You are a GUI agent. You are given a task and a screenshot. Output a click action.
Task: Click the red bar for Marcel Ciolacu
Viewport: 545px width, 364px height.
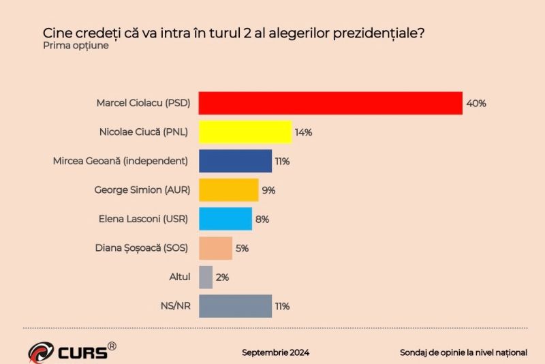pos(330,103)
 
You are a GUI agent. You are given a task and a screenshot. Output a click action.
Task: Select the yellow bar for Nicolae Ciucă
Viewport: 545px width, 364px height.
pos(245,132)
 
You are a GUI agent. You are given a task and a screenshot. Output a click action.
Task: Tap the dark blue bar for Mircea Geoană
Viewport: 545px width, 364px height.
pos(235,161)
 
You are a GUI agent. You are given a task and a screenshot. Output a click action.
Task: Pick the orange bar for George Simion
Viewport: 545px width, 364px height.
pos(228,190)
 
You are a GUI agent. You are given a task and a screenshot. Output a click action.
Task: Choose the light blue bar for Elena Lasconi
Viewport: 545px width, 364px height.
pos(225,219)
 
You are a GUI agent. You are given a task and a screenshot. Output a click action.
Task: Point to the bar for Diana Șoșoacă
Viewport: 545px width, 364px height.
pos(215,248)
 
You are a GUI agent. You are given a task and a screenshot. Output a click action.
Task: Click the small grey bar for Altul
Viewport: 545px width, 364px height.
pos(205,277)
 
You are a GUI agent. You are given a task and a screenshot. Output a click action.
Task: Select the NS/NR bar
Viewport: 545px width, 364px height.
pos(235,306)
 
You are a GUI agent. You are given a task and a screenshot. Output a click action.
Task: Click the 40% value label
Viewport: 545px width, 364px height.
pos(476,104)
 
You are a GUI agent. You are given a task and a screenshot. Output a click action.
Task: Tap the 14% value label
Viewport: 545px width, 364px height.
pos(303,132)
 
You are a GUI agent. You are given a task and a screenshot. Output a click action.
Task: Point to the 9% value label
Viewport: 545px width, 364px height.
pos(268,190)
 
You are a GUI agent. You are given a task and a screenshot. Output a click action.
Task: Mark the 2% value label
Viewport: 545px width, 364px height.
pos(222,277)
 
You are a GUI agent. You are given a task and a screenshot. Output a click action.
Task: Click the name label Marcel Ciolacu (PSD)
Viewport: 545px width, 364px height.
pos(143,104)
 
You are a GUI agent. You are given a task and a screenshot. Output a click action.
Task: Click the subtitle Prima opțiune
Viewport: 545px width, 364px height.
pos(76,46)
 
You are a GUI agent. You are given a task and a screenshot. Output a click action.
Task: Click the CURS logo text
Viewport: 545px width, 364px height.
pos(81,352)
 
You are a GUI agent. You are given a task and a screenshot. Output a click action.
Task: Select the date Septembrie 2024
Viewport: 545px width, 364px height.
pos(276,352)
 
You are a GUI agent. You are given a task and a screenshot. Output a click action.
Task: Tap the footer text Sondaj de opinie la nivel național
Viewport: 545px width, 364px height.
pos(464,352)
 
